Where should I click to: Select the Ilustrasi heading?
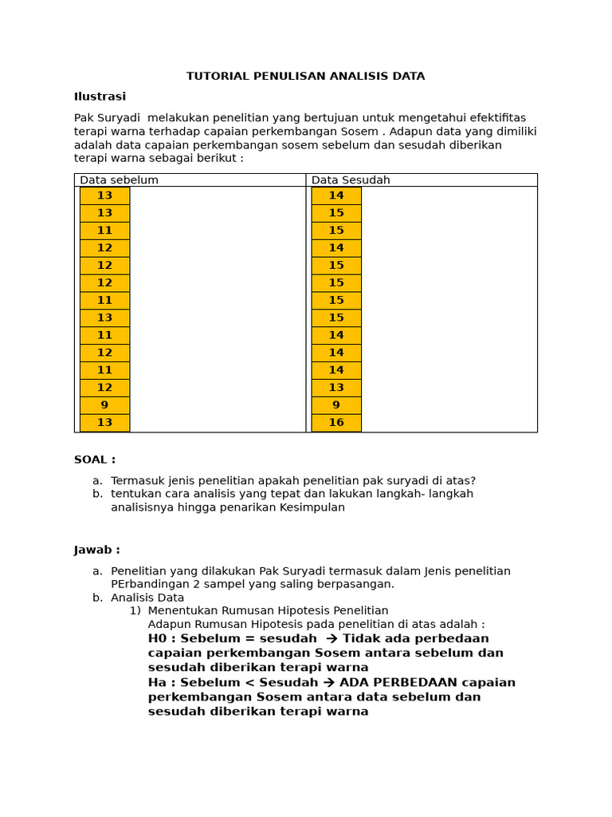pos(100,97)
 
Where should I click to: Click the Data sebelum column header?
pos(119,180)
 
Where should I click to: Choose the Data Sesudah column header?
pos(351,180)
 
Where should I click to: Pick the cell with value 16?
pos(336,423)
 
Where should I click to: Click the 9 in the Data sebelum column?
pos(104,405)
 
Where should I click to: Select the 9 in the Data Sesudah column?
pos(336,405)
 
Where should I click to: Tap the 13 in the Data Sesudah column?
pos(336,388)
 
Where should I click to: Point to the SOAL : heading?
pos(95,460)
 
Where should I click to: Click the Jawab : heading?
pos(97,550)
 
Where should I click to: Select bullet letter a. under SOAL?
pos(97,480)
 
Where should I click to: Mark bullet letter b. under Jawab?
pos(97,598)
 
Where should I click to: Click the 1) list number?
pos(135,610)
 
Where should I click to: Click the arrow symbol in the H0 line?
pos(332,638)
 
